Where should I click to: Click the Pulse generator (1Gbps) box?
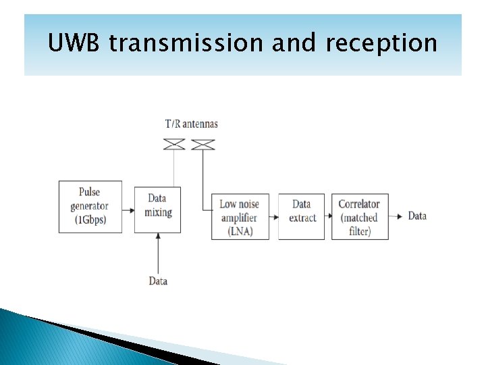90,206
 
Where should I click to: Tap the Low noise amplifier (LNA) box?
240,216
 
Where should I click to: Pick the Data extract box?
301,216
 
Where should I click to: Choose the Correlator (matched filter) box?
360,216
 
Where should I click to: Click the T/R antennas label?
192,124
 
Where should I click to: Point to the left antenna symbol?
175,144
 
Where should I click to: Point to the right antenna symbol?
202,144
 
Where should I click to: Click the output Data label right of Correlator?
417,216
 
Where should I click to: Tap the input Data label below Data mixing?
158,281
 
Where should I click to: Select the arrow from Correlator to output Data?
398,216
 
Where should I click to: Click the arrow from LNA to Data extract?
273,217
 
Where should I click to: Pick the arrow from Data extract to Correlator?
328,217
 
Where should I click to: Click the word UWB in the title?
75,44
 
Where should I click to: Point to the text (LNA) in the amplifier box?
240,230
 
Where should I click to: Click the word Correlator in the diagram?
359,204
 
